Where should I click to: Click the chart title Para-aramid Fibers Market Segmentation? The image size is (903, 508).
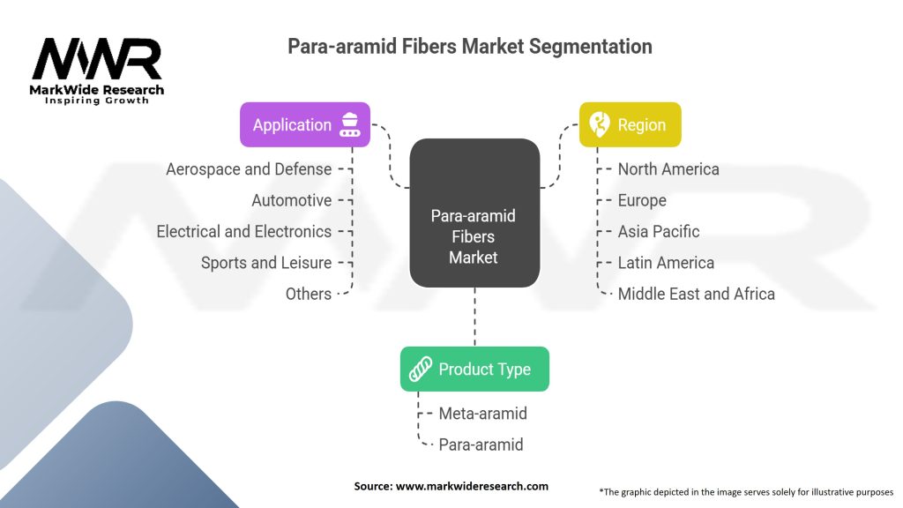point(470,47)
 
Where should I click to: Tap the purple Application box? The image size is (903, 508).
point(305,124)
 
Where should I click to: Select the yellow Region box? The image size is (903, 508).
point(630,124)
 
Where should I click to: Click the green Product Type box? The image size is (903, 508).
point(474,369)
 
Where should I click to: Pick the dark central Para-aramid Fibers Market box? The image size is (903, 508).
point(474,213)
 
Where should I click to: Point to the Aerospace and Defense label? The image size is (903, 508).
point(249,168)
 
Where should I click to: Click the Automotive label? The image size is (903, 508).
point(291,200)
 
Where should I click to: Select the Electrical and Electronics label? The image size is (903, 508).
point(243,231)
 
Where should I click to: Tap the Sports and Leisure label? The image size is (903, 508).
point(266,263)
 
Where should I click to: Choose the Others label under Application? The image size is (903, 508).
point(308,294)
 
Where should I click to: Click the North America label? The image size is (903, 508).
point(668,168)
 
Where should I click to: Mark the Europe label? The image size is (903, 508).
point(642,200)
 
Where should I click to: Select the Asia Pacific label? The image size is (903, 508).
point(659,231)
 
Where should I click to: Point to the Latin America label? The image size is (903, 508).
point(666,263)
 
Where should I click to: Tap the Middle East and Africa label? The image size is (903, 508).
point(696,294)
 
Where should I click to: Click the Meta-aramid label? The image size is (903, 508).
point(483,413)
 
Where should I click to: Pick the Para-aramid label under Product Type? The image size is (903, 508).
point(481,444)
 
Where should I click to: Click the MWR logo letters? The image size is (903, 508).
point(97,59)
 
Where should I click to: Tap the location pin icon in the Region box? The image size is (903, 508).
point(600,124)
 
